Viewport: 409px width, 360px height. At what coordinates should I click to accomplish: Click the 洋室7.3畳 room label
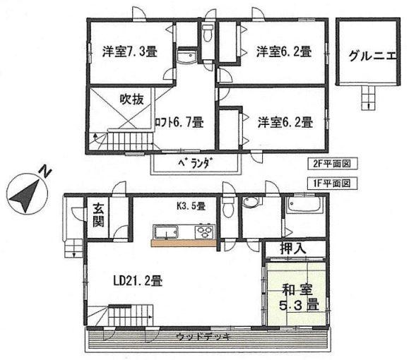(129, 52)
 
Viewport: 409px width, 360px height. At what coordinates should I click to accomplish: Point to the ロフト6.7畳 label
(179, 121)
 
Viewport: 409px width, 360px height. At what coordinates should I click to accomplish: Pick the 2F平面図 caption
(333, 164)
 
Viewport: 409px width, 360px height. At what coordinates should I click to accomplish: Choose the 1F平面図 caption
(333, 182)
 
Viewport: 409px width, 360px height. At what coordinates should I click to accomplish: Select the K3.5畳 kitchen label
(190, 206)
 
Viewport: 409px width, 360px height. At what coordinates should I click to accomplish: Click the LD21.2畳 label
(138, 281)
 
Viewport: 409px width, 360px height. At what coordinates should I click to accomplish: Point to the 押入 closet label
(294, 249)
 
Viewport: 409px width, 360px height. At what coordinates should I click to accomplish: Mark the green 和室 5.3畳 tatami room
(297, 296)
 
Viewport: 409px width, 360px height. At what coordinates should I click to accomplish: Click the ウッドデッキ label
(204, 337)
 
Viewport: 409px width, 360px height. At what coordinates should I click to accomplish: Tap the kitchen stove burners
(206, 231)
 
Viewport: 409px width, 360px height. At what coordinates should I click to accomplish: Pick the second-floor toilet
(207, 34)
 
